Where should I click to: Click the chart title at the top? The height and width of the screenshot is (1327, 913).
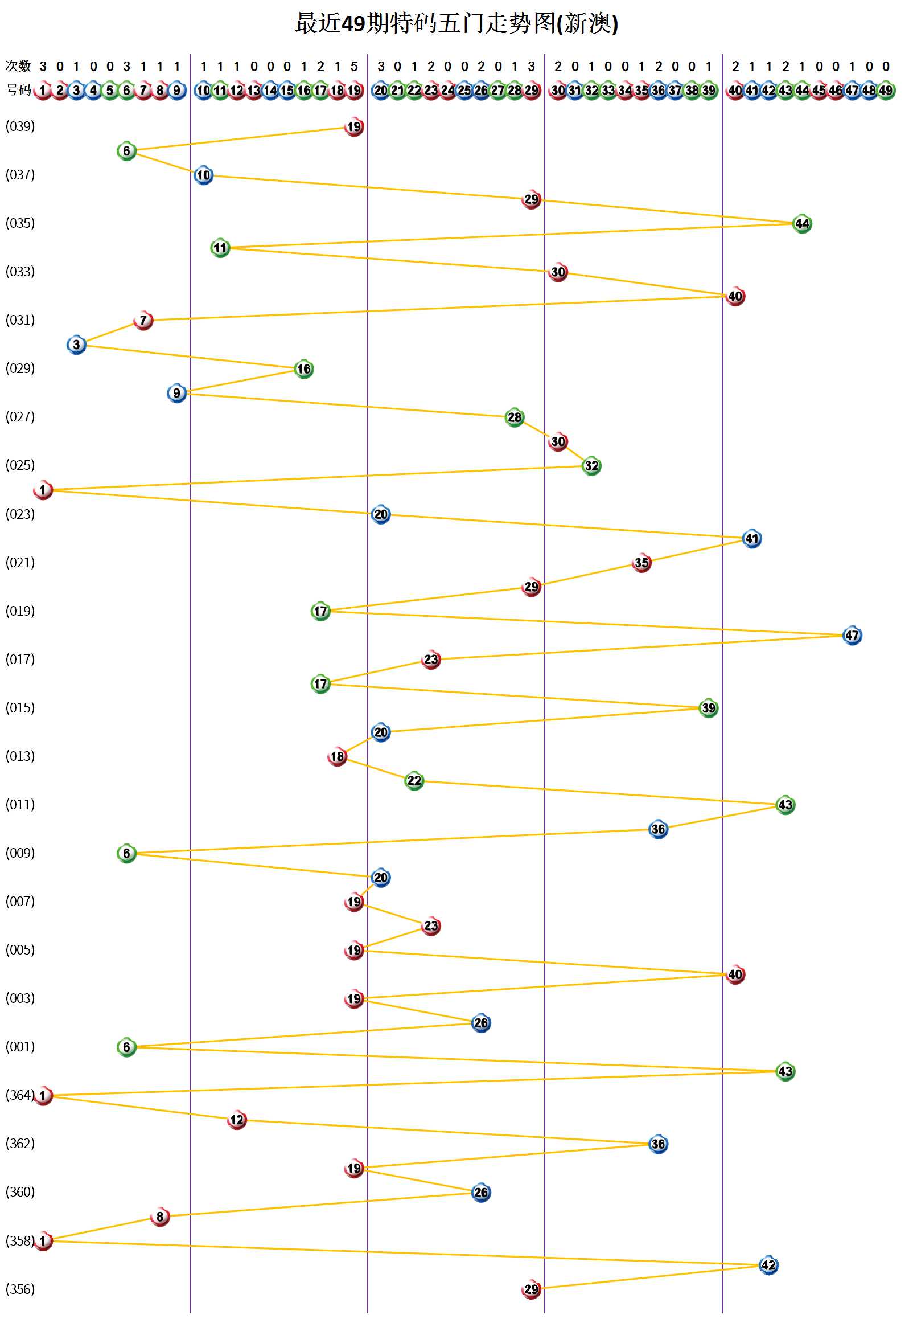click(456, 24)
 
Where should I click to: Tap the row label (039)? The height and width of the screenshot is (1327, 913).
click(20, 126)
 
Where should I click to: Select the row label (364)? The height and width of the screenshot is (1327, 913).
click(20, 1095)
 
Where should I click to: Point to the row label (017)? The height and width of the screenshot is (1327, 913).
click(20, 659)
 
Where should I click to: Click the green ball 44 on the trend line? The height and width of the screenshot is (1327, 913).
click(802, 224)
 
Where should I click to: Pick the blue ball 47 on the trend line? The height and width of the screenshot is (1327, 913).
click(852, 635)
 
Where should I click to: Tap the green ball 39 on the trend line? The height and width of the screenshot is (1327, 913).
click(708, 708)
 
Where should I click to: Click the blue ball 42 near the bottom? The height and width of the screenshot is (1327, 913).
click(768, 1264)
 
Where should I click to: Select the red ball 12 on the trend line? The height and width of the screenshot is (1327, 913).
click(237, 1120)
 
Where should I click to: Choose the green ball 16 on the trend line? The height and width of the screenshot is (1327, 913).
click(303, 369)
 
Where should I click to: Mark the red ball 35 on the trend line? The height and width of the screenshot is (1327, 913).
click(641, 563)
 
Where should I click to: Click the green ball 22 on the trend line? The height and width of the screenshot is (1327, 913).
click(414, 780)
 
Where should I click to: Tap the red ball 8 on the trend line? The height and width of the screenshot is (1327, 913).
click(159, 1217)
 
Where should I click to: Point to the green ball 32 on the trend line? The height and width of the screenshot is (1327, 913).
click(591, 466)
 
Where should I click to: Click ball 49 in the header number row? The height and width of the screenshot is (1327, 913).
click(886, 91)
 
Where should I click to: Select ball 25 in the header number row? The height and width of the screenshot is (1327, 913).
click(464, 91)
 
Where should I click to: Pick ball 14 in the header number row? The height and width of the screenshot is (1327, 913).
click(270, 91)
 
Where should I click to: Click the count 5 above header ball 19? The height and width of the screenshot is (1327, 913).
click(354, 67)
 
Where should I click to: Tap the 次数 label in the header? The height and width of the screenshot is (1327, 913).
click(18, 67)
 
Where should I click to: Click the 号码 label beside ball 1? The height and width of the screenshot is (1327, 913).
click(18, 90)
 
